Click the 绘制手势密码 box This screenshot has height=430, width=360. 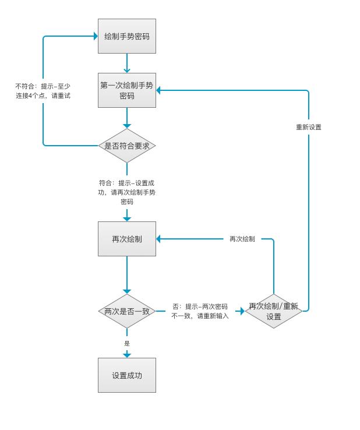pos(127,36)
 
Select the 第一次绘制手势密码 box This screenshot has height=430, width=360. pos(127,90)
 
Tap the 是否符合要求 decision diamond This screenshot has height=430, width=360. pos(127,146)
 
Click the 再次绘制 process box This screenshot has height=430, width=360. pos(127,239)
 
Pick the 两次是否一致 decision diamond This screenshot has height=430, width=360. pos(127,311)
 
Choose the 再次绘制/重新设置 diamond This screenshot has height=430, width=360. pos(273,311)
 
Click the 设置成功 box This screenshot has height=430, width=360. pos(127,375)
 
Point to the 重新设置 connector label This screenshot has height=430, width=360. pos(308,127)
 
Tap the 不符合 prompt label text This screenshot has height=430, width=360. pos(43,91)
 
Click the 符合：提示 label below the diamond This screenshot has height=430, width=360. pos(127,192)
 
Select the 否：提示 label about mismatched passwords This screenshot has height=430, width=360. pos(200,311)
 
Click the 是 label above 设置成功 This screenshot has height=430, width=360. pos(127,343)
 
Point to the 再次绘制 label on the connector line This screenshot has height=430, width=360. pos(242,239)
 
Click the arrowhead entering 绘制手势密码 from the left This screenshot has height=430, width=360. pos(96,36)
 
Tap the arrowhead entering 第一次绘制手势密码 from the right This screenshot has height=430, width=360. pos(158,90)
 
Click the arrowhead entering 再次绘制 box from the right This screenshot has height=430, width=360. pos(158,239)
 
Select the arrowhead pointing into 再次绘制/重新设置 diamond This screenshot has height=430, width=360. pos(242,311)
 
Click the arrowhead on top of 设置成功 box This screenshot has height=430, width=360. pos(127,355)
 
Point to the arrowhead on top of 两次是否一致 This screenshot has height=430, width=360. pos(127,291)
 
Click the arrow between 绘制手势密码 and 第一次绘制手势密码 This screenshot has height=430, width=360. pos(127,63)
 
